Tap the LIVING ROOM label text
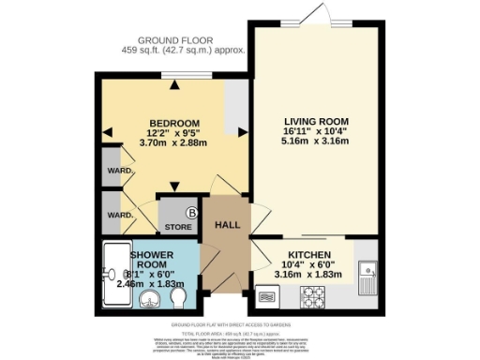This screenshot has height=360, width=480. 317,121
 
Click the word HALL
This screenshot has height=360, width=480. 228,226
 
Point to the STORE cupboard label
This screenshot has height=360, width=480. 178,227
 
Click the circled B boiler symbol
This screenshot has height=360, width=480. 192,213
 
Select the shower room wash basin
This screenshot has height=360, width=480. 147,299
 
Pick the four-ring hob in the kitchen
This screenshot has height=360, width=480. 311,298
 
